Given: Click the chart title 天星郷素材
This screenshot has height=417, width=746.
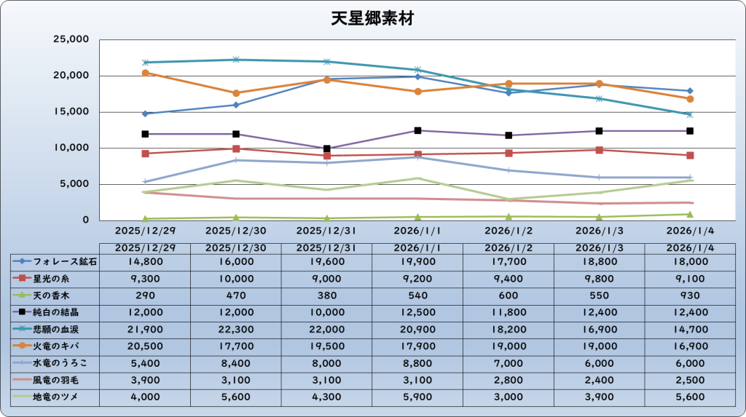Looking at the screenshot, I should tap(372, 17).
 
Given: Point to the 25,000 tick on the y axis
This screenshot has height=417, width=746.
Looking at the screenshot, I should tap(72, 39).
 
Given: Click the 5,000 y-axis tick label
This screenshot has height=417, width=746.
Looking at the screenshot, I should tap(75, 184).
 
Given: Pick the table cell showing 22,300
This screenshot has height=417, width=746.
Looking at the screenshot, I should tap(235, 329).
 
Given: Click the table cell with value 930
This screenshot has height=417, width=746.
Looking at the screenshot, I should tap(689, 295).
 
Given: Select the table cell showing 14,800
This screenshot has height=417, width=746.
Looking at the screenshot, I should tap(144, 261).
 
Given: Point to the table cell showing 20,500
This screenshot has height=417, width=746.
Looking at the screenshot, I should tap(144, 346).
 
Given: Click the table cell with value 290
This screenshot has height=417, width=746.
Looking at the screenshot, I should tap(144, 295).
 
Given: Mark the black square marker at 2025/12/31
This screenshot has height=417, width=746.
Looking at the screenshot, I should tap(327, 148).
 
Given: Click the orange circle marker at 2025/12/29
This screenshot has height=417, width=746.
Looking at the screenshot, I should tap(145, 73).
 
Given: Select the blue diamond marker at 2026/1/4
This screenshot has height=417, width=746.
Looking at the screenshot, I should tap(689, 91).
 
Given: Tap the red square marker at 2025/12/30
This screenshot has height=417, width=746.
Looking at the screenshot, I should tap(236, 148).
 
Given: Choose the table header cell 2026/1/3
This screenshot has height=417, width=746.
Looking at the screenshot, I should tap(599, 247).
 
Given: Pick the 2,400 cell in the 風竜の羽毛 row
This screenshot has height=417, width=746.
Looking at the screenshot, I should tap(599, 380).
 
